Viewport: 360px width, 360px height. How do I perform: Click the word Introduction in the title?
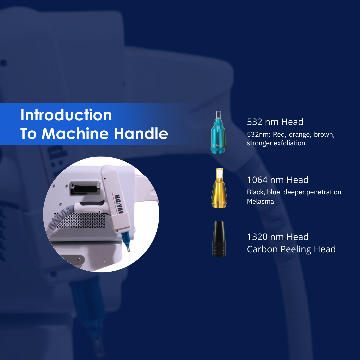(66, 115)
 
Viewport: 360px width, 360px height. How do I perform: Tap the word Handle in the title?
(141, 133)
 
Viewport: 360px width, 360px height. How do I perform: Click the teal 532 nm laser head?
(218, 132)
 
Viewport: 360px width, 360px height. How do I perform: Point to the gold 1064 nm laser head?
(219, 188)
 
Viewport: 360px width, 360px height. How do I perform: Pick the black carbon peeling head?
(219, 239)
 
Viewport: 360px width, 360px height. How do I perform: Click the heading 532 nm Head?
(275, 122)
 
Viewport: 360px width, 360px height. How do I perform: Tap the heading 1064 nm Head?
(278, 180)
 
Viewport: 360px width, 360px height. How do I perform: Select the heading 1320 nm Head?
(278, 237)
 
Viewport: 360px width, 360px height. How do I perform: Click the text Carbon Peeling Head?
(291, 249)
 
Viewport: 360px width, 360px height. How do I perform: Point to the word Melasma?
(260, 201)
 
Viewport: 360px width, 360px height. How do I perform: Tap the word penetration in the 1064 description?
(324, 192)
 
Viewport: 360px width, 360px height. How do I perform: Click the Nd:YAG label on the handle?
(119, 204)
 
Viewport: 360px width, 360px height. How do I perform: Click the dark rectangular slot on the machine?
(85, 189)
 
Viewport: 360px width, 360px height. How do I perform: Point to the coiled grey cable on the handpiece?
(60, 218)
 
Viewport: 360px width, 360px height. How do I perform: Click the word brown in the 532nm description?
(324, 134)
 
